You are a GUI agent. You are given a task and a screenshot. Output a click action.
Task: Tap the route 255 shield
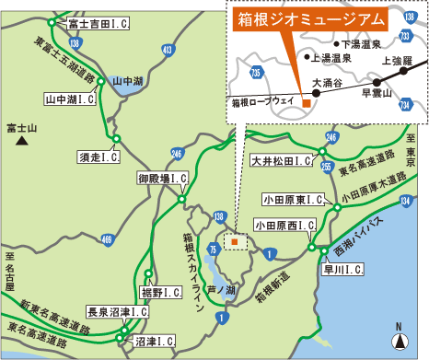[x=327, y=168]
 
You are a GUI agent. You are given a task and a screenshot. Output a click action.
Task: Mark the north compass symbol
[x=399, y=341]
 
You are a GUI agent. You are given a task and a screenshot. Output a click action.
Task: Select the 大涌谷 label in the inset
[x=328, y=82]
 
